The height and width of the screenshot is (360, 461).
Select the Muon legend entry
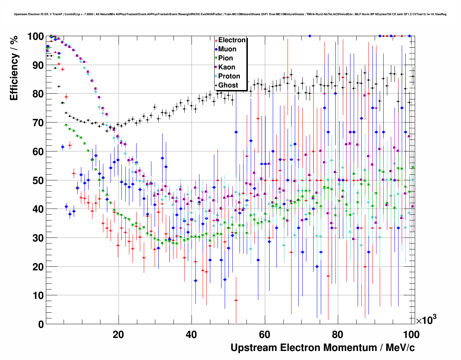227,49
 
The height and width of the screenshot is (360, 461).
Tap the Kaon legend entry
227,67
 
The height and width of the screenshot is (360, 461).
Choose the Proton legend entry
229,76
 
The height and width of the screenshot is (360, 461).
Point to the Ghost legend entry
228,85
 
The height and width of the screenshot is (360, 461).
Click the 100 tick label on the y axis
35,37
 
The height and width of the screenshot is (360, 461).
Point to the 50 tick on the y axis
38,180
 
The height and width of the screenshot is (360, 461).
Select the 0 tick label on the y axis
41,325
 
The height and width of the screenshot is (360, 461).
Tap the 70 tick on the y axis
38,123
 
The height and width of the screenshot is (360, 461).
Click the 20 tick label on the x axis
118,335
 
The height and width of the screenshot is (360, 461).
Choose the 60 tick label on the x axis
265,335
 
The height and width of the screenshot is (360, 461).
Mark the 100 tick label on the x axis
411,335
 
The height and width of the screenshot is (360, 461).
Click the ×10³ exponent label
426,320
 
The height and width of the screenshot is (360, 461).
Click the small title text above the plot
230,14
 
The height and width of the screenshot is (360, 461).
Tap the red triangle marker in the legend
216,40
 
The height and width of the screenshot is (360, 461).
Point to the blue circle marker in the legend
216,49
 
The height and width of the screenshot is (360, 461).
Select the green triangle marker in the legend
216,58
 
